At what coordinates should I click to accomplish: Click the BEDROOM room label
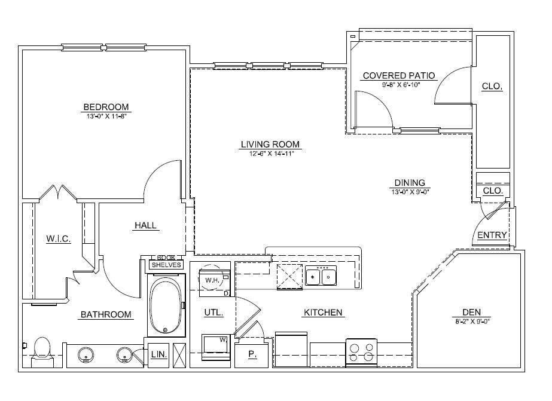click(x=106, y=107)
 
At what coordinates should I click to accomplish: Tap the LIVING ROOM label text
click(x=270, y=144)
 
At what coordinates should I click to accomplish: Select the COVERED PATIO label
click(x=399, y=76)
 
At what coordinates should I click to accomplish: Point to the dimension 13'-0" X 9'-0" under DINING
click(x=410, y=192)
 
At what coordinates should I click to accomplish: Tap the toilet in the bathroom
click(x=42, y=349)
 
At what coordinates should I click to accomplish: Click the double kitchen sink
click(x=321, y=277)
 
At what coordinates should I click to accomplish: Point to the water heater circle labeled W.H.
click(x=211, y=280)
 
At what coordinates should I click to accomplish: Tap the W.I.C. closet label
click(x=59, y=239)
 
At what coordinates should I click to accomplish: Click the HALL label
click(x=145, y=225)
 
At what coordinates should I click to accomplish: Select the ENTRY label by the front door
click(x=492, y=235)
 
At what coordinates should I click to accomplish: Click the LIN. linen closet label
click(x=158, y=354)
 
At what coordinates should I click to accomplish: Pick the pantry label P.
click(x=252, y=354)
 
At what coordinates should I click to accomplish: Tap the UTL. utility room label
click(x=214, y=312)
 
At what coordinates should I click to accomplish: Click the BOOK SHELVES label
click(x=166, y=261)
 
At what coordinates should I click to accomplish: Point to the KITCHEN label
click(x=323, y=312)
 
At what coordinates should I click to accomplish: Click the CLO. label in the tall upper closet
click(x=492, y=87)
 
